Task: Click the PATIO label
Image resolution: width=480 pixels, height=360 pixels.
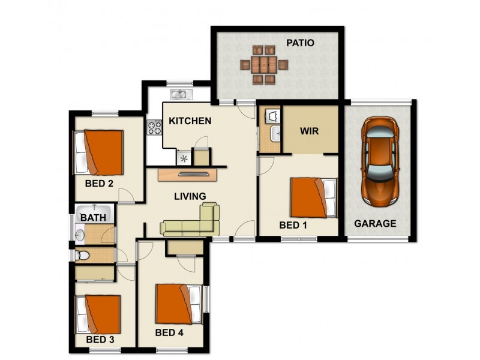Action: click(300, 43)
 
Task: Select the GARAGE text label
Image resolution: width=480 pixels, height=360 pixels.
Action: click(375, 224)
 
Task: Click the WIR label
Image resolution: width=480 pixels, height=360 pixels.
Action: click(309, 130)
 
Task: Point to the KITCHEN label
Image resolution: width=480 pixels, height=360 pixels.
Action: click(190, 121)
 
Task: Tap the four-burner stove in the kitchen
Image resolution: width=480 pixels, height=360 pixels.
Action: click(154, 127)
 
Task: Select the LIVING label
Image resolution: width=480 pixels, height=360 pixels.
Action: click(190, 196)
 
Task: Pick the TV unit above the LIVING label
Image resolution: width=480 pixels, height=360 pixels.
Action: click(188, 174)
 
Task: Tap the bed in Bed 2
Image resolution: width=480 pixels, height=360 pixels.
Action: click(99, 152)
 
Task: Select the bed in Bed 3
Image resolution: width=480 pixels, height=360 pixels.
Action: click(98, 314)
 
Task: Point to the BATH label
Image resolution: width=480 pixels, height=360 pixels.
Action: click(94, 217)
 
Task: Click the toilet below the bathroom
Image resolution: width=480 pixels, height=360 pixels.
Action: click(82, 256)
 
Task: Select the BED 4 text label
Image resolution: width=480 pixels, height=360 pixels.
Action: click(170, 333)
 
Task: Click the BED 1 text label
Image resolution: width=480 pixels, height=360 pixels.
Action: click(293, 226)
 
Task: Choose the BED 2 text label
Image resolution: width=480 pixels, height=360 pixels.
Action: click(100, 184)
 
